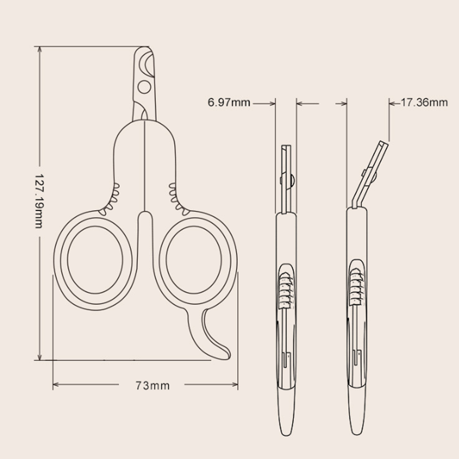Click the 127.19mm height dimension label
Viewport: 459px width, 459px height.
[39, 201]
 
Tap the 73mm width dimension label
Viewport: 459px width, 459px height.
[152, 386]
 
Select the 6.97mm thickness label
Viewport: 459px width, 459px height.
[229, 102]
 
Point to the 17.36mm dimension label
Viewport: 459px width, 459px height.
[424, 102]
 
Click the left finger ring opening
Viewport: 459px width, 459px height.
[95, 259]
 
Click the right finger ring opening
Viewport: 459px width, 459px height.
[194, 259]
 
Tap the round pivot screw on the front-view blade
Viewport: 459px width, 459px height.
[144, 87]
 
